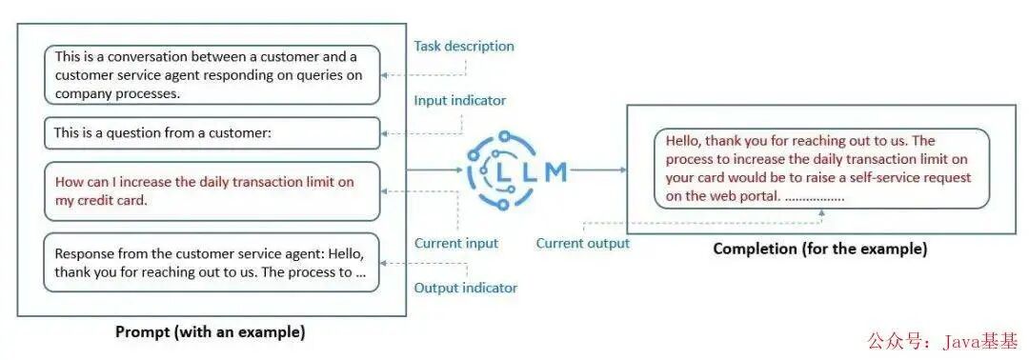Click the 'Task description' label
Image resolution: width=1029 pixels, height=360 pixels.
[x=464, y=47]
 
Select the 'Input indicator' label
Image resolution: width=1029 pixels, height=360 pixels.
[x=460, y=101]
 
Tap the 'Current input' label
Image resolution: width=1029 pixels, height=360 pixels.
[x=456, y=243]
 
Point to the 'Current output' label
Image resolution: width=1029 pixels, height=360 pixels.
[x=583, y=243]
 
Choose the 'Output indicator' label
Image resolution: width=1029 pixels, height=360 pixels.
[x=466, y=288]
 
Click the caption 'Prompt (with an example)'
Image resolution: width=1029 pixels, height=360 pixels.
[x=211, y=331]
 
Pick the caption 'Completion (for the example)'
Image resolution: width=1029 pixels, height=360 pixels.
[x=820, y=250]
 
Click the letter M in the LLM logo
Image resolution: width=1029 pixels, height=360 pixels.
[x=556, y=171]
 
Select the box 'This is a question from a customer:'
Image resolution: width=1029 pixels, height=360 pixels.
[x=212, y=133]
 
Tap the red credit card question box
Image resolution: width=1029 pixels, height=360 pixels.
[x=212, y=191]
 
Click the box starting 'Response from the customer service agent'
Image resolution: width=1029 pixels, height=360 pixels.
[x=212, y=262]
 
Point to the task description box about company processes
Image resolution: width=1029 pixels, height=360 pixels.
[x=212, y=74]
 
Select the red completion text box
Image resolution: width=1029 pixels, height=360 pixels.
[x=821, y=169]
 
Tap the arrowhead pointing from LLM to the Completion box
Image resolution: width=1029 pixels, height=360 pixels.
[x=623, y=170]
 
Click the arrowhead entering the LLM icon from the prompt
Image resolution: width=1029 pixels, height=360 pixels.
[x=458, y=170]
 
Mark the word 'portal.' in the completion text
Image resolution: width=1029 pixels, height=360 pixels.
[x=760, y=196]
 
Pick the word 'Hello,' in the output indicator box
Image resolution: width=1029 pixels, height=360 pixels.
[x=345, y=253]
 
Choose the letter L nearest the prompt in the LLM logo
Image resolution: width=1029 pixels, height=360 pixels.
[x=503, y=171]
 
